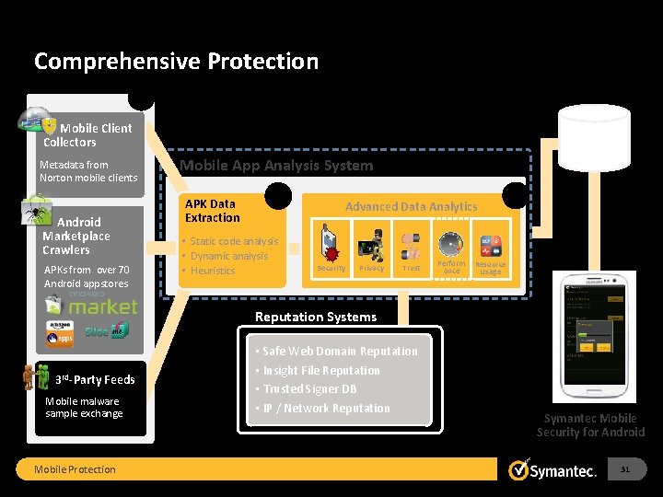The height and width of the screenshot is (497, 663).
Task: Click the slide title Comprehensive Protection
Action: coord(176,62)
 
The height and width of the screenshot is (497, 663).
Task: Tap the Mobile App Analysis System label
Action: coord(276,166)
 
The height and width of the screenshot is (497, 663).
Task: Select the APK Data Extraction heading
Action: coord(212,211)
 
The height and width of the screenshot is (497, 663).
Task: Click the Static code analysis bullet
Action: coord(234,241)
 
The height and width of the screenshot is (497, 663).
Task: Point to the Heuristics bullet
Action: coord(213,271)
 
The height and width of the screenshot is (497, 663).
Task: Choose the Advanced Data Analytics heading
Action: coord(411,207)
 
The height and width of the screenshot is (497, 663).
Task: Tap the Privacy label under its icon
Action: coord(371,269)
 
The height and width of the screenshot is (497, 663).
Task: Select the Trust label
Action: coord(411,269)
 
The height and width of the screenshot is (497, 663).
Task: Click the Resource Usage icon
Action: coord(491,246)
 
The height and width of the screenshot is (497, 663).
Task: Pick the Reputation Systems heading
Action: coord(315,317)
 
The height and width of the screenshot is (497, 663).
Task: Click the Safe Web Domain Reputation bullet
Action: coord(340,352)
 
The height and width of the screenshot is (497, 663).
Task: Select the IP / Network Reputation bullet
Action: coord(326,409)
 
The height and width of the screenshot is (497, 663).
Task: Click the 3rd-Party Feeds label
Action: coord(94,379)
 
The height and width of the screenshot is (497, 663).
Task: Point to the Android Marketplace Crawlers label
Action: coord(76,236)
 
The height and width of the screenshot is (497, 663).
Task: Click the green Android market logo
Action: coord(102,305)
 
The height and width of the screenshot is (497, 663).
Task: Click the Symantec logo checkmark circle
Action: coord(518,469)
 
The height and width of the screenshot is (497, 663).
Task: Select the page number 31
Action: coord(625,469)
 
